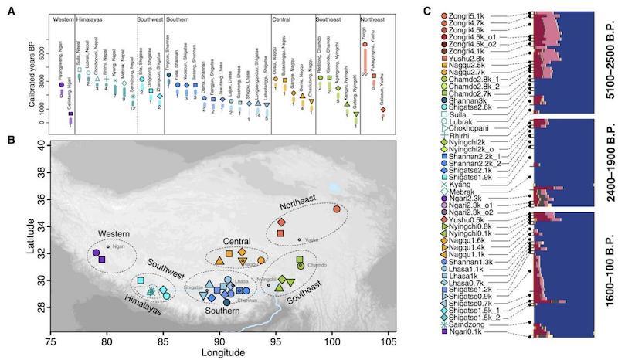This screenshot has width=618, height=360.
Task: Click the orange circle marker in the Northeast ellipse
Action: pos(336,209)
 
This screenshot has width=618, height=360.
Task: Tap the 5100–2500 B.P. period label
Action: pos(603,63)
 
